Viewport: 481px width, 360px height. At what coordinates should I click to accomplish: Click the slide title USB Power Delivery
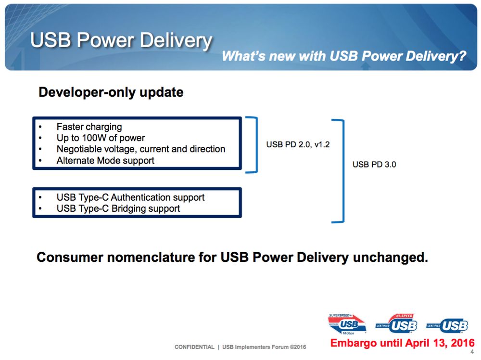pyautogui.click(x=121, y=40)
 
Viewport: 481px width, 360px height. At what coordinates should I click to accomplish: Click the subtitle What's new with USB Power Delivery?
pyautogui.click(x=344, y=56)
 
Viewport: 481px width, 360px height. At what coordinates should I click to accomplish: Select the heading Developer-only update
pyautogui.click(x=111, y=92)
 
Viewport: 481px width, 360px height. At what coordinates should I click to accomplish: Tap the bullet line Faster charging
pyautogui.click(x=89, y=127)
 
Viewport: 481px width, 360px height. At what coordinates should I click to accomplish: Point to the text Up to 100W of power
pyautogui.click(x=101, y=138)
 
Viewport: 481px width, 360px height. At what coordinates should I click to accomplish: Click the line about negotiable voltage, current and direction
pyautogui.click(x=141, y=149)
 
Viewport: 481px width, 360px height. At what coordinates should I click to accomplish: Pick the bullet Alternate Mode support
pyautogui.click(x=105, y=160)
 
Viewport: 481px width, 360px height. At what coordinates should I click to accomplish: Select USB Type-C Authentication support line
pyautogui.click(x=130, y=197)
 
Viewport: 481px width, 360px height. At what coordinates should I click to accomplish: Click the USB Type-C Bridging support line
pyautogui.click(x=118, y=208)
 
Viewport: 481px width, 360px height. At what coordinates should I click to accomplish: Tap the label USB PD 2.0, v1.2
pyautogui.click(x=298, y=144)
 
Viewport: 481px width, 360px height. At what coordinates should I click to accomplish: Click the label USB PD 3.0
pyautogui.click(x=374, y=165)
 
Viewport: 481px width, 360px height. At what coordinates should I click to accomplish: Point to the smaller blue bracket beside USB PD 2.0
pyautogui.click(x=256, y=144)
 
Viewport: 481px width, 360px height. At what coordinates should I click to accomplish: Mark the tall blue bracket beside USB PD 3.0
pyautogui.click(x=343, y=171)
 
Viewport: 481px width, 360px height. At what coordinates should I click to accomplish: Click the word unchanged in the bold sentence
pyautogui.click(x=390, y=257)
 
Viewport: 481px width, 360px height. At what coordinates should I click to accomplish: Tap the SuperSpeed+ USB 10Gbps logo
pyautogui.click(x=347, y=324)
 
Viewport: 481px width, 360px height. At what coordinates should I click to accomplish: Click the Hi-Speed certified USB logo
pyautogui.click(x=397, y=323)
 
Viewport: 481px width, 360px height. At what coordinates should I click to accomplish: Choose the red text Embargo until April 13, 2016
pyautogui.click(x=403, y=343)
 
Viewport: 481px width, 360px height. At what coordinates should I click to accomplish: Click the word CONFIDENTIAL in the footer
pyautogui.click(x=194, y=347)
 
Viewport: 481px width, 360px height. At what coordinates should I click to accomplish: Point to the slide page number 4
pyautogui.click(x=472, y=352)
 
